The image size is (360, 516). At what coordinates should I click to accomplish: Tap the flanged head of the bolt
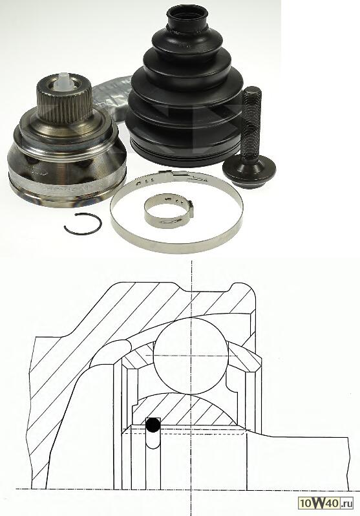click(249, 172)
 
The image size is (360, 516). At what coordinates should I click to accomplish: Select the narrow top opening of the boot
click(187, 16)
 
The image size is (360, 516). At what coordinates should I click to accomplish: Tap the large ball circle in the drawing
click(191, 356)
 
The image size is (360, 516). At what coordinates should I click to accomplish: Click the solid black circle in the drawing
click(153, 425)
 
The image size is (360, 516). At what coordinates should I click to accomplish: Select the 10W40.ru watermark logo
click(326, 503)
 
